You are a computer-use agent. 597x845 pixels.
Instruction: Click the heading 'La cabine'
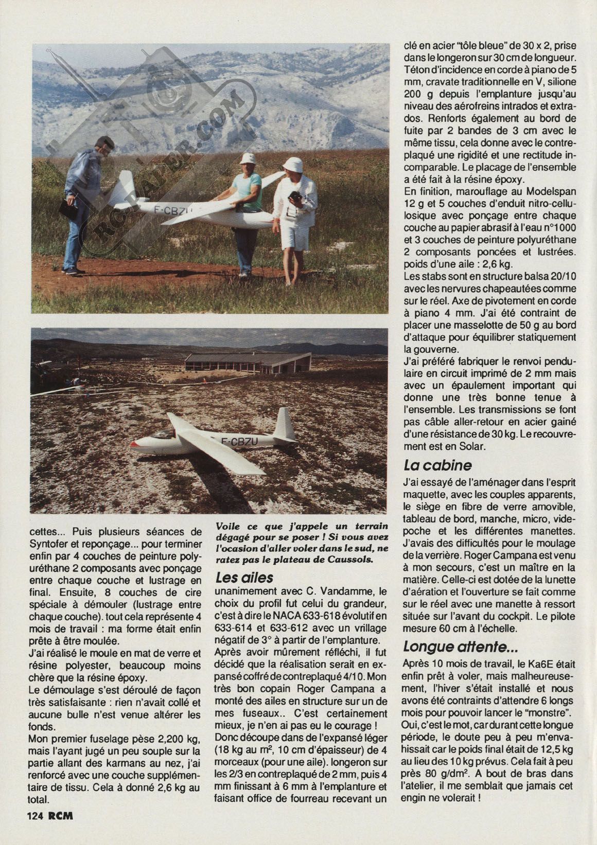pos(437,465)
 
